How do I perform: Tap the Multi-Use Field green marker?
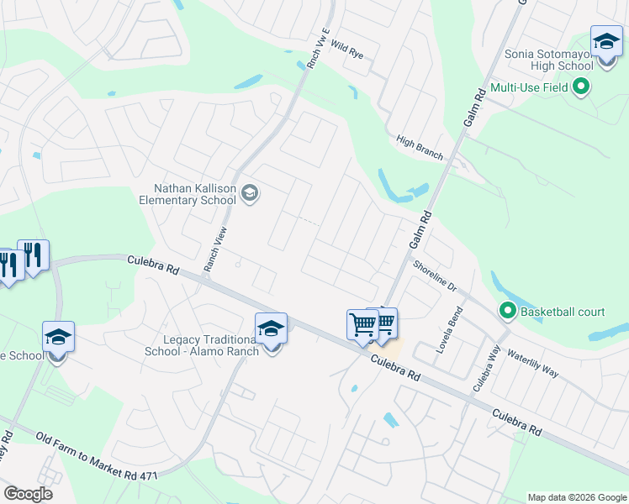[x=580, y=87]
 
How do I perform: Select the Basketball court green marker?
[x=507, y=312]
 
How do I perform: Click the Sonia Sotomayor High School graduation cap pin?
[x=605, y=41]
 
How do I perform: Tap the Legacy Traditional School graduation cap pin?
[x=271, y=328]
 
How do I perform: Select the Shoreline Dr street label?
[x=434, y=275]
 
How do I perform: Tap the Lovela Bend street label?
[x=445, y=329]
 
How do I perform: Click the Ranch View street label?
[x=217, y=249]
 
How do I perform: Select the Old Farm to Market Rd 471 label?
[x=98, y=457]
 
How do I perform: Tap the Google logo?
[x=28, y=494]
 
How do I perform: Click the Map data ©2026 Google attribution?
[x=576, y=497]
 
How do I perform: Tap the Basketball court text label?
[x=562, y=312]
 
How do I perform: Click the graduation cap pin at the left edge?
[x=58, y=338]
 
